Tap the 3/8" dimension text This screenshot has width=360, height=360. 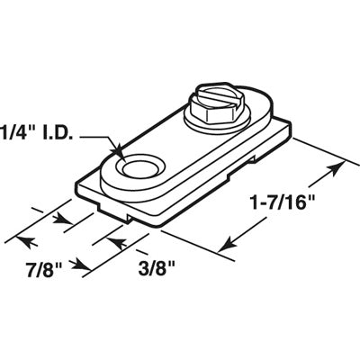pos(152,267)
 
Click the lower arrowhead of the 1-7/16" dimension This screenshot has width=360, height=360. pos(223,244)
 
